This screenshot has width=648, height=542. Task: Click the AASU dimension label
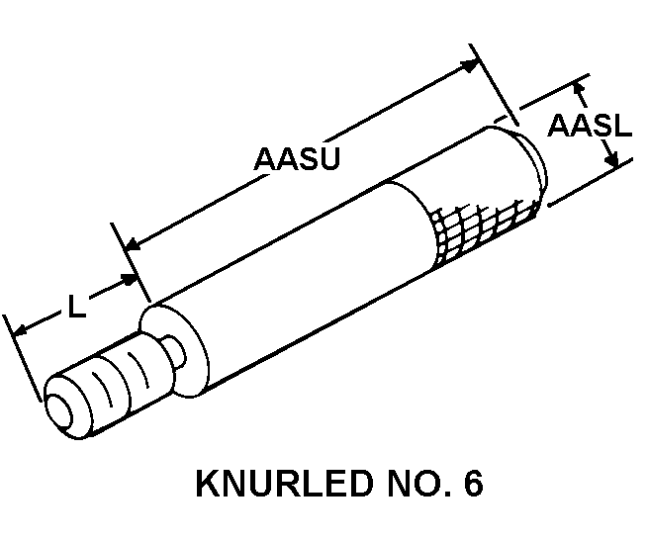pos(297,158)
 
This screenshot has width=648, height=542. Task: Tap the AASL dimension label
pos(590,126)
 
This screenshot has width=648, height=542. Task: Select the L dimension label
pos(76,308)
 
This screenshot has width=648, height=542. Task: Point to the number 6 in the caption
pos(470,486)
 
